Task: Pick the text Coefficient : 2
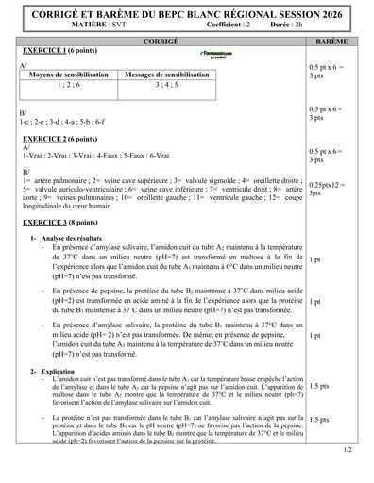pos(207,28)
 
